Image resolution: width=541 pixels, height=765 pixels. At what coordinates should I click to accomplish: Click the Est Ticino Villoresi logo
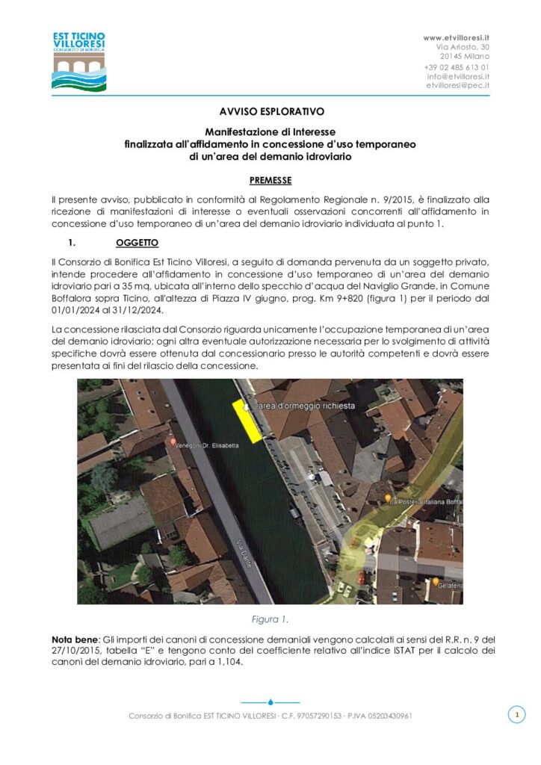(x=78, y=61)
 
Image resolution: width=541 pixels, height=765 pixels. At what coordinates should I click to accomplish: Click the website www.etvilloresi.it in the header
(x=456, y=37)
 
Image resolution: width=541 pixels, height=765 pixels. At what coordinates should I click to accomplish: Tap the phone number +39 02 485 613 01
(x=457, y=67)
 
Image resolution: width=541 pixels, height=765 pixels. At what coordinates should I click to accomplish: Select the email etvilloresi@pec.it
(x=457, y=85)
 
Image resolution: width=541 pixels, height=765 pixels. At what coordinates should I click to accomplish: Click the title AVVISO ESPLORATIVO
(x=271, y=111)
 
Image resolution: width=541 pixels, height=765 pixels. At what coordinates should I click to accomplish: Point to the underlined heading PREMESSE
(x=270, y=181)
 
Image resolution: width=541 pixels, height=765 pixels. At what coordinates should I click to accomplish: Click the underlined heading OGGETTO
(x=137, y=243)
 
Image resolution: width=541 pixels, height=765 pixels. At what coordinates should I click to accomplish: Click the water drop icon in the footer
(x=270, y=702)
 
